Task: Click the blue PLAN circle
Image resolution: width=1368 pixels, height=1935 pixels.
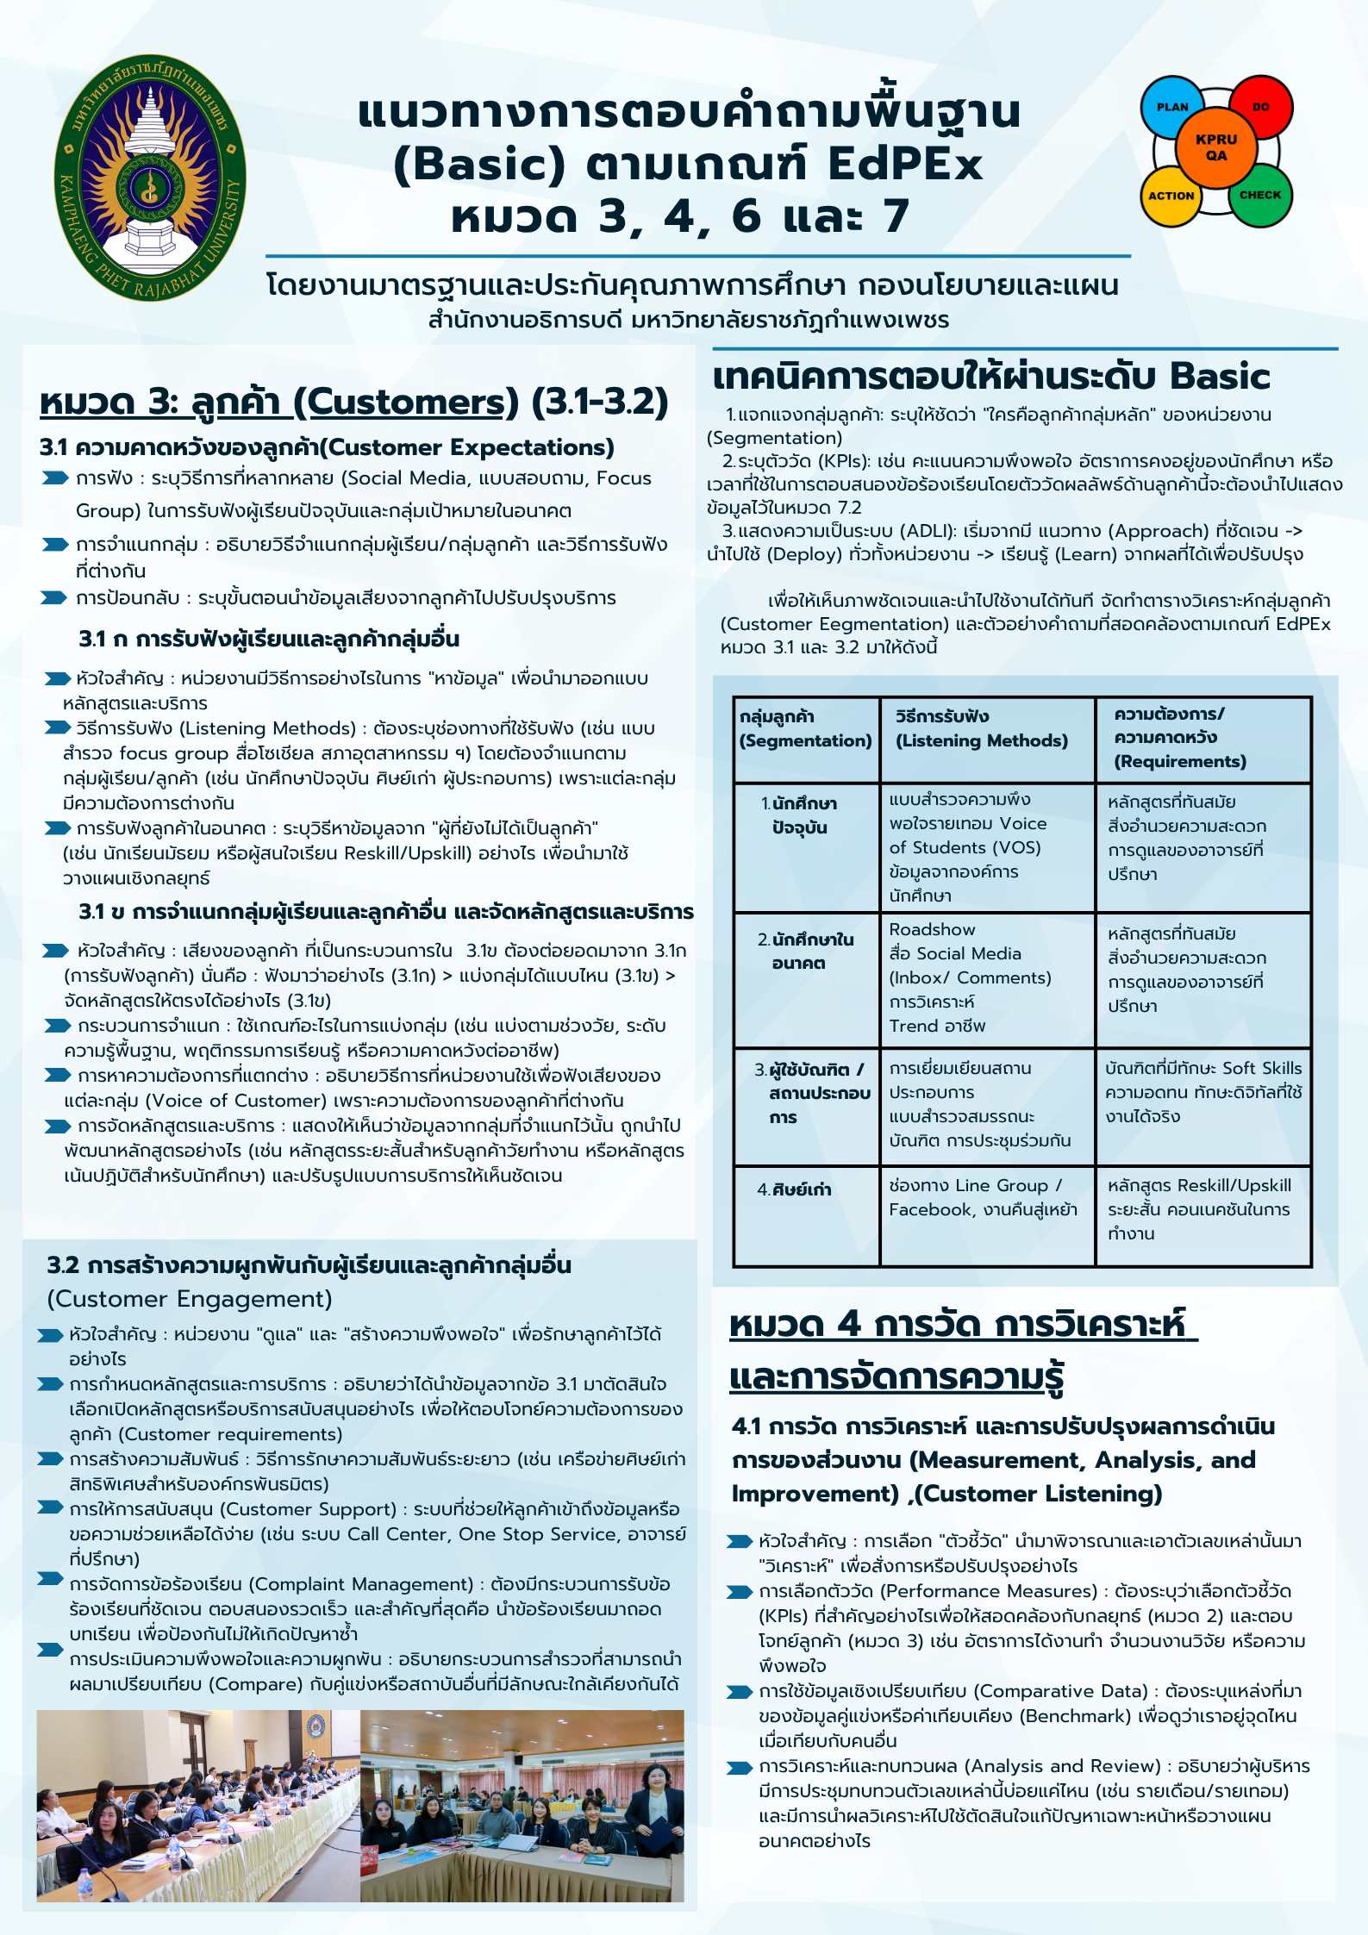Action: tap(1172, 108)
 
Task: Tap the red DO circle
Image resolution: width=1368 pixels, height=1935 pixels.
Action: tap(1260, 107)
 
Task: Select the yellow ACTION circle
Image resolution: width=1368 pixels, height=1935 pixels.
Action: tap(1171, 196)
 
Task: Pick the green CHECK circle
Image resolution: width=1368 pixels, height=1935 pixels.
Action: tap(1260, 195)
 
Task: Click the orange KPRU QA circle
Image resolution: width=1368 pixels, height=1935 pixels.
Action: tap(1216, 147)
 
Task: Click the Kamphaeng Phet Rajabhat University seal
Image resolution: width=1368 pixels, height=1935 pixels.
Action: tap(150, 179)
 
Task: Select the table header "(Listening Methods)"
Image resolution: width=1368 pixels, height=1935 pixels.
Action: tap(981, 740)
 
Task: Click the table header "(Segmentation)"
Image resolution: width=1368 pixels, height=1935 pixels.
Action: tap(805, 740)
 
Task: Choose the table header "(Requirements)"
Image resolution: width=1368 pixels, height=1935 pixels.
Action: tap(1180, 761)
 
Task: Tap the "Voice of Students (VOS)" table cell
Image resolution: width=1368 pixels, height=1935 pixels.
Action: tap(968, 835)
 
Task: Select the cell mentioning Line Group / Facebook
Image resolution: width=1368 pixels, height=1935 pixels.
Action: tap(983, 1197)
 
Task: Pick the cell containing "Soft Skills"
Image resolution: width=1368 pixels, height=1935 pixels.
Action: tap(1203, 1092)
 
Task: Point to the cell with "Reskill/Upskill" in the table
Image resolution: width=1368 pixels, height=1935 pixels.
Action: tap(1199, 1209)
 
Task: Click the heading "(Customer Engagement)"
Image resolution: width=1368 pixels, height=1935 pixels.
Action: tap(190, 1299)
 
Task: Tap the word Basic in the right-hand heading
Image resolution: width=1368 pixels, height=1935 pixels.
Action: tap(1219, 376)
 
